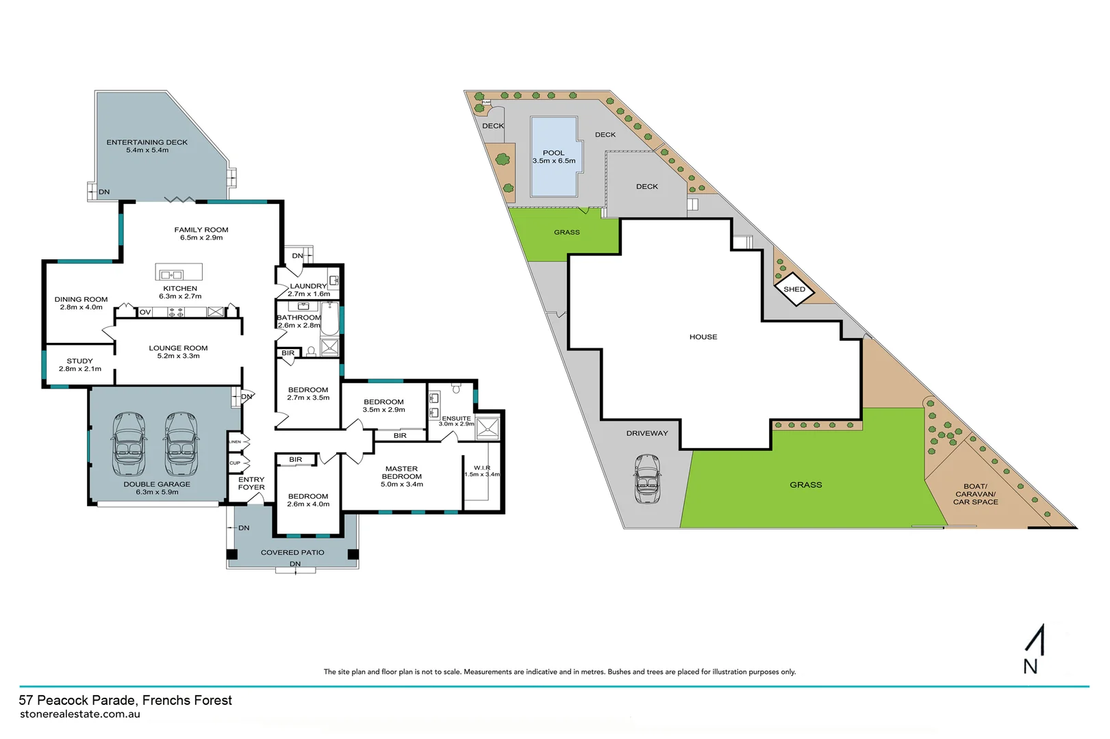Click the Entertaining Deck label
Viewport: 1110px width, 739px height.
[x=147, y=142]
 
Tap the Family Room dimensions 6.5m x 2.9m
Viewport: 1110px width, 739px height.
[x=201, y=238]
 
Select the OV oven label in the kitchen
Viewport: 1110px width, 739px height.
[x=145, y=312]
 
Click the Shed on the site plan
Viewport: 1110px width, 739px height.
[x=794, y=289]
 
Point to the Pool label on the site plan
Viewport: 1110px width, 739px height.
[x=553, y=153]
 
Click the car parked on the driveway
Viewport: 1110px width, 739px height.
[x=648, y=479]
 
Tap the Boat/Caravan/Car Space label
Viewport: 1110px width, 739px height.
[x=975, y=494]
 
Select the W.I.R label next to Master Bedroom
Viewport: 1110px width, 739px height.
[x=482, y=468]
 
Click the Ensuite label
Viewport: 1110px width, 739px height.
[x=456, y=418]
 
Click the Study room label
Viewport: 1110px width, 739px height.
[x=79, y=361]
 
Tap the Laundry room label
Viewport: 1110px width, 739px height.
[x=308, y=286]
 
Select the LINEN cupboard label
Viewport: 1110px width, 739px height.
[x=235, y=442]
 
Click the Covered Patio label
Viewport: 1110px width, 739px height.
[x=292, y=552]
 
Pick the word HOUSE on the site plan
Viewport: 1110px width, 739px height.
[x=703, y=337]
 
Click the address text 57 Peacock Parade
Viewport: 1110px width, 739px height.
[x=125, y=700]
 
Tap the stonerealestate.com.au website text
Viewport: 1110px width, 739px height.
[x=80, y=714]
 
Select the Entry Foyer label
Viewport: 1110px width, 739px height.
[x=251, y=483]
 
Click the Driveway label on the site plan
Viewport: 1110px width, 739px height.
[x=646, y=433]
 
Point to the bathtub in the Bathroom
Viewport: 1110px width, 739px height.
[x=329, y=319]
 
